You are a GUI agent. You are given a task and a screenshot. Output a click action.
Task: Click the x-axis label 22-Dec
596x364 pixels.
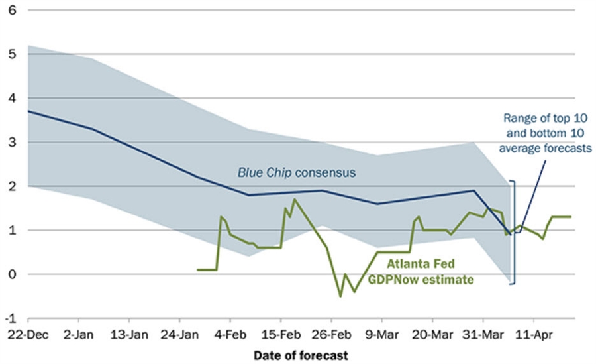click(28, 335)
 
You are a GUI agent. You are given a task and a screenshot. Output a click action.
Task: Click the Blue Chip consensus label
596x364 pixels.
click(297, 172)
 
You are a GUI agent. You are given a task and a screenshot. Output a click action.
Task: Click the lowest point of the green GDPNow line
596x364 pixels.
click(341, 296)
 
